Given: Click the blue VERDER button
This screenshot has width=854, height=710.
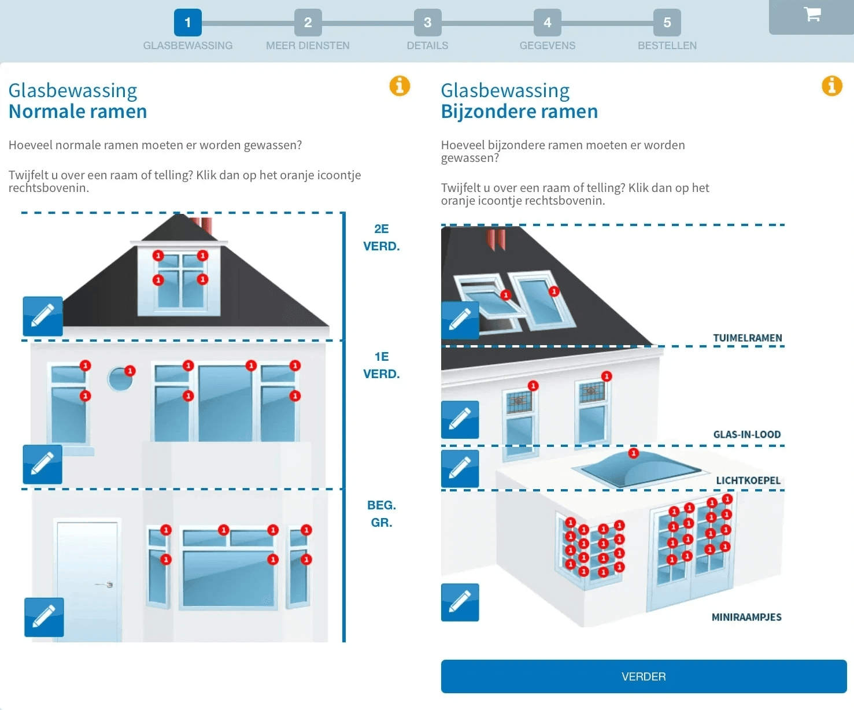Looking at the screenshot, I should [x=644, y=676].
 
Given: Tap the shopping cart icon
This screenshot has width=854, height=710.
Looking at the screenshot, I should [x=812, y=15].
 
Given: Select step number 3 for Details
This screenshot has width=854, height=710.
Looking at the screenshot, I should [x=427, y=23].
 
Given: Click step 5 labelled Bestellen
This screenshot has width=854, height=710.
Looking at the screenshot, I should [x=667, y=23].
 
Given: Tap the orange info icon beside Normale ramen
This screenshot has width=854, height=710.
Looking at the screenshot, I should [x=400, y=86].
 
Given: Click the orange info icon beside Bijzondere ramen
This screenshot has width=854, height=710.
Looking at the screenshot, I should [x=831, y=86].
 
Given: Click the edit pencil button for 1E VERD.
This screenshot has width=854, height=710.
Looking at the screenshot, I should [x=42, y=464].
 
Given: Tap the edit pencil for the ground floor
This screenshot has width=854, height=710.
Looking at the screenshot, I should [x=44, y=617].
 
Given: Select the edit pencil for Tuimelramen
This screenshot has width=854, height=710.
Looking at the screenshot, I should [x=460, y=320].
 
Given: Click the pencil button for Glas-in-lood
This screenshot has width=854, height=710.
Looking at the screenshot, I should [x=460, y=420].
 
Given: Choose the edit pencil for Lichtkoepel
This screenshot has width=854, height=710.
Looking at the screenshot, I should [x=460, y=468].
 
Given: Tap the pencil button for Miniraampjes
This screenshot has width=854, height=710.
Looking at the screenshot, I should [x=460, y=602].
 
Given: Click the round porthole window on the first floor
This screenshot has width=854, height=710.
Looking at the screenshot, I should [x=119, y=379].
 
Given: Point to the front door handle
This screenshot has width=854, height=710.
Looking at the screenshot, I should [x=108, y=585].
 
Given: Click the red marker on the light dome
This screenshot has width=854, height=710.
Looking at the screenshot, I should [x=634, y=453].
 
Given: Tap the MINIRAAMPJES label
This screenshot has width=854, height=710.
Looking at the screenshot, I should [x=746, y=617].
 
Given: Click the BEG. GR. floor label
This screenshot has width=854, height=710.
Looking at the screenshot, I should [x=381, y=513].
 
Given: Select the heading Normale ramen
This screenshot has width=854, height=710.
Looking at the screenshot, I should [x=78, y=111].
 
